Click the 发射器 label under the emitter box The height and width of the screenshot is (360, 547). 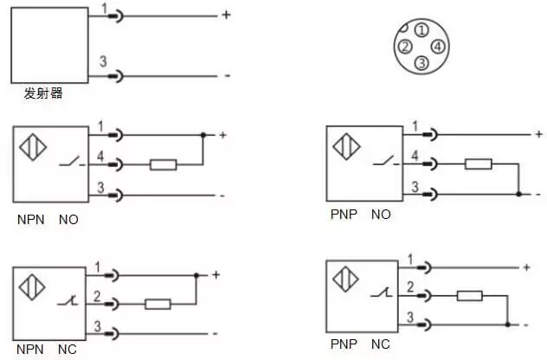click(x=43, y=93)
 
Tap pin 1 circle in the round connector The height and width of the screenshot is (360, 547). click(x=422, y=30)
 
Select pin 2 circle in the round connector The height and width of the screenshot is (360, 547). click(x=405, y=47)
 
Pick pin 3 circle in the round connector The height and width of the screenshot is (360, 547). click(x=422, y=63)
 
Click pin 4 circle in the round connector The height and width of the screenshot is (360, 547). click(x=438, y=47)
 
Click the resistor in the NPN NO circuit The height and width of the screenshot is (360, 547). click(x=164, y=164)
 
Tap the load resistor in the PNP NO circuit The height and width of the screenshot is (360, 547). click(x=479, y=164)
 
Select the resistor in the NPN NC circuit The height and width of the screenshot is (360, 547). click(x=158, y=305)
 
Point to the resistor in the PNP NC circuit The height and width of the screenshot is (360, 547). click(x=470, y=296)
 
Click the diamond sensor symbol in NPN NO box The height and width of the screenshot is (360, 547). click(x=33, y=147)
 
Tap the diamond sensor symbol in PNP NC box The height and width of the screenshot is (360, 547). click(x=345, y=279)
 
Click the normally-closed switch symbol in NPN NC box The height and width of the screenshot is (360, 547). click(x=68, y=300)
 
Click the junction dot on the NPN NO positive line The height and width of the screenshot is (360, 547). click(x=203, y=135)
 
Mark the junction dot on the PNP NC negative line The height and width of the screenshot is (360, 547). click(x=507, y=325)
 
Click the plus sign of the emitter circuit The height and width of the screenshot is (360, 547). click(x=227, y=15)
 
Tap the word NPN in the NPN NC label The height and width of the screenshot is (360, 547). click(x=30, y=350)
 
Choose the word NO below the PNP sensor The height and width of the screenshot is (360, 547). click(x=381, y=215)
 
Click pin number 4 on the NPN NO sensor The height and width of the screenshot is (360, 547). click(x=100, y=156)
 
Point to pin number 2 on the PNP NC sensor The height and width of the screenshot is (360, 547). click(x=410, y=286)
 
